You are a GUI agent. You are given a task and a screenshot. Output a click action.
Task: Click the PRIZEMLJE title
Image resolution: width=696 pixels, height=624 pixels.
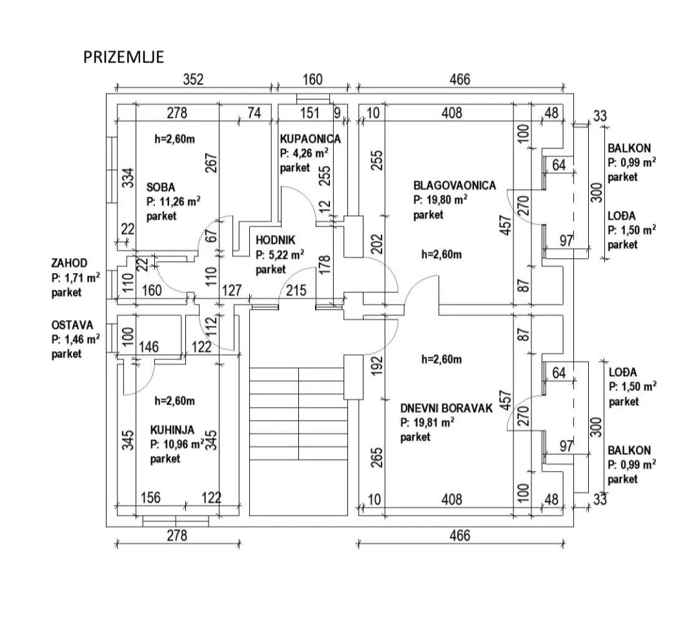(x=123, y=57)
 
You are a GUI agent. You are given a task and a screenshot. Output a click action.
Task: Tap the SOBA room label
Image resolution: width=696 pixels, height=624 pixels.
(x=161, y=187)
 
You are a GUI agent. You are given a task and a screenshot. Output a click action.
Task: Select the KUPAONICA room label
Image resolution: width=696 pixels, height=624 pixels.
(x=311, y=139)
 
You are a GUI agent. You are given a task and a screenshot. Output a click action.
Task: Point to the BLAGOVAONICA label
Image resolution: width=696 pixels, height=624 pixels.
(x=455, y=185)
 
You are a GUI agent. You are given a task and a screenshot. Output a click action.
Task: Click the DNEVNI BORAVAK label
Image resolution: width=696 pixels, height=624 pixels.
(x=446, y=408)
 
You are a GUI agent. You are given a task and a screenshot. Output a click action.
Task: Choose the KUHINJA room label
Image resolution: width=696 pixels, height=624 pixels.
(x=172, y=430)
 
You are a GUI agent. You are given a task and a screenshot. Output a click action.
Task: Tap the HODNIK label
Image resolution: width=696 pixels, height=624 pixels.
(x=275, y=241)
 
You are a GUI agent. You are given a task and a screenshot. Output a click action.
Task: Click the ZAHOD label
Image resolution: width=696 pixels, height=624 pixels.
(x=69, y=263)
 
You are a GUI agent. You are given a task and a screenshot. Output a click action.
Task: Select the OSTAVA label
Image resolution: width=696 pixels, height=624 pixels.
(x=72, y=325)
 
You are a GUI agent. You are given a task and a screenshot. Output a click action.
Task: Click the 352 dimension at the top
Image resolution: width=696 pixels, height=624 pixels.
(x=193, y=79)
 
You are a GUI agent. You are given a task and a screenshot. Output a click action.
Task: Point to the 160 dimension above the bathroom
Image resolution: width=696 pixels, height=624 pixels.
(x=312, y=79)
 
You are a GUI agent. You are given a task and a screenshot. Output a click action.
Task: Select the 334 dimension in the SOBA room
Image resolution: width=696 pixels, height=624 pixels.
(x=128, y=178)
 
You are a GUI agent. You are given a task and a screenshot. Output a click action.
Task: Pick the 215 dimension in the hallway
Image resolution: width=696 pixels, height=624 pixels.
(x=296, y=290)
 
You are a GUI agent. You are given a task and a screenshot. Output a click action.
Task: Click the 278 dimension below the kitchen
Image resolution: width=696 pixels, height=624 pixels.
(x=177, y=536)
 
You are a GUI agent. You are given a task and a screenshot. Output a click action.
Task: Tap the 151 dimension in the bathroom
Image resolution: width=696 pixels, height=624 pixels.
(x=310, y=113)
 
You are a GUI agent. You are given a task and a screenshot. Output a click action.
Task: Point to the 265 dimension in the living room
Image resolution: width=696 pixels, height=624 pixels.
(x=376, y=458)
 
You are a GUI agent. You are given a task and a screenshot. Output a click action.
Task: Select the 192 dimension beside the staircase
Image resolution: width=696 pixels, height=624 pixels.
(x=376, y=366)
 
